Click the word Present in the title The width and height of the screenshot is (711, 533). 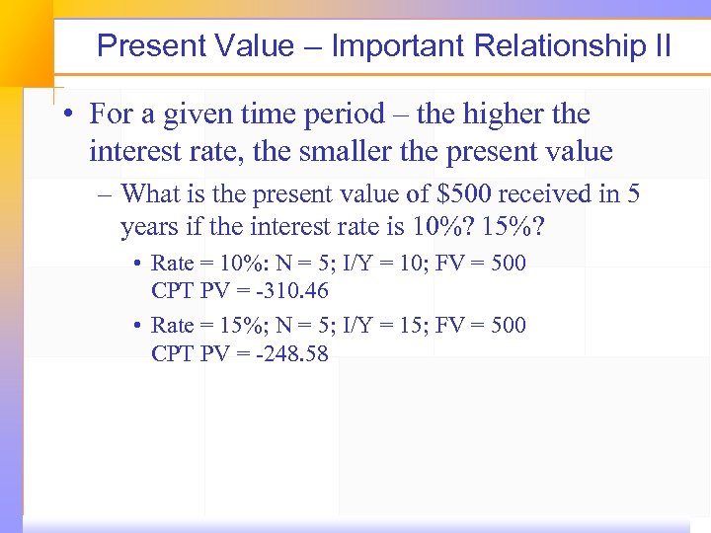151,46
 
